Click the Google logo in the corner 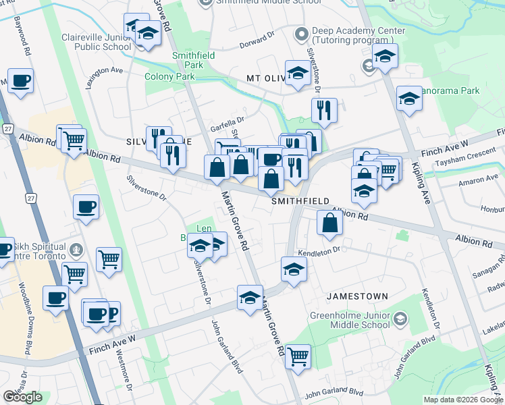click(23, 397)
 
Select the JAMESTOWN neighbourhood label click(357, 296)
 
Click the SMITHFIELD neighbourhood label click(300, 201)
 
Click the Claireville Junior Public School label click(96, 42)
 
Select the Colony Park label click(169, 76)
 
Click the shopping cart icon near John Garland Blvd click(298, 355)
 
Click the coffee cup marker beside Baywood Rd click(20, 81)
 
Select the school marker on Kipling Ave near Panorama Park click(409, 99)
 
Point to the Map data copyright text click(462, 400)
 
